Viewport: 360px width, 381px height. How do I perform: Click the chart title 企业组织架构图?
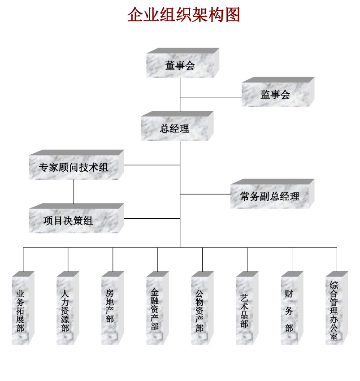[x=184, y=15]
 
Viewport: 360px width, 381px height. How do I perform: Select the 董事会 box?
[x=180, y=66]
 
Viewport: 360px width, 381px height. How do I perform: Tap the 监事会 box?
[x=275, y=95]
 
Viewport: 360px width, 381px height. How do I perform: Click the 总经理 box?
[x=175, y=129]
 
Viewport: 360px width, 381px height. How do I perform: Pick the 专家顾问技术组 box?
[x=74, y=168]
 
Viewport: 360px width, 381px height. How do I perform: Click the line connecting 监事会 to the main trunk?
[x=211, y=97]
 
